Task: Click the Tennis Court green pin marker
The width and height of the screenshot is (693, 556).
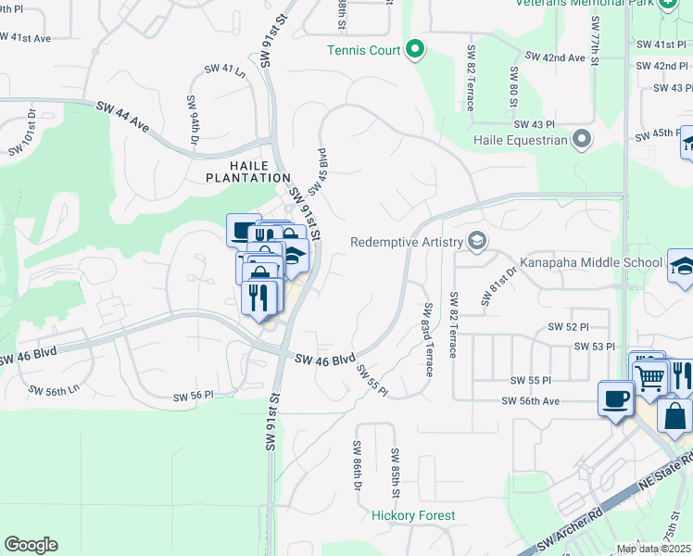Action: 416,48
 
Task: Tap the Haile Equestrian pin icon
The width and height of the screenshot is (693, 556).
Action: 582,139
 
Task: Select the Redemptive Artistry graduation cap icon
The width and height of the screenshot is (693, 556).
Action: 477,242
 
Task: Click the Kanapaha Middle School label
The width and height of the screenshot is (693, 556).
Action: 591,262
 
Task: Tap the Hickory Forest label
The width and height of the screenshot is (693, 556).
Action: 413,515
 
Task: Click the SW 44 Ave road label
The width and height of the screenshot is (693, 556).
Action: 122,117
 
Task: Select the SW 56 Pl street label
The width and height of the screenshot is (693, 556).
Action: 194,396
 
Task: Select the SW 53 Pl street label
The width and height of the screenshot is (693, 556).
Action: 594,346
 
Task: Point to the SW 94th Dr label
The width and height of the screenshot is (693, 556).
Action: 194,120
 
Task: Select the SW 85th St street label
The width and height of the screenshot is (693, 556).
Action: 395,472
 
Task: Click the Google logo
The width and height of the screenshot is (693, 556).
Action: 31,545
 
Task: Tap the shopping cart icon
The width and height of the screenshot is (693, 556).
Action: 650,375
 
